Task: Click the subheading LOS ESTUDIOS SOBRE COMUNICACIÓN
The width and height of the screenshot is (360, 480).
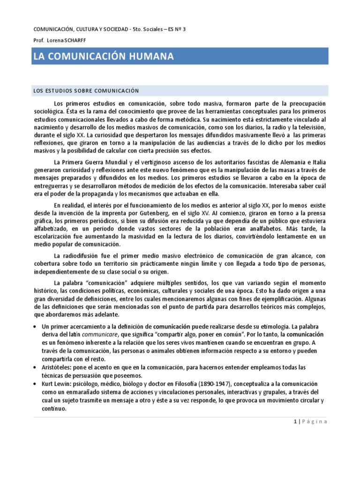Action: (x=87, y=90)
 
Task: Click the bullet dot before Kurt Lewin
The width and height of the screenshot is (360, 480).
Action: (x=36, y=383)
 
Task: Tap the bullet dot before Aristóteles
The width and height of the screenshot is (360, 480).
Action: (x=36, y=367)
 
